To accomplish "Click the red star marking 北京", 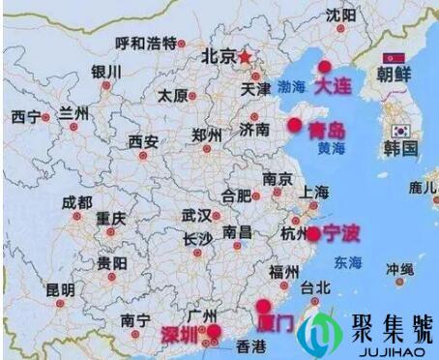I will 247,56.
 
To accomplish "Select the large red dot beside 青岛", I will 295,125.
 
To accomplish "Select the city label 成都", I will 76,202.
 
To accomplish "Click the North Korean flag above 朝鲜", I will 395,58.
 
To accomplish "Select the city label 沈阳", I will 340,15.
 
